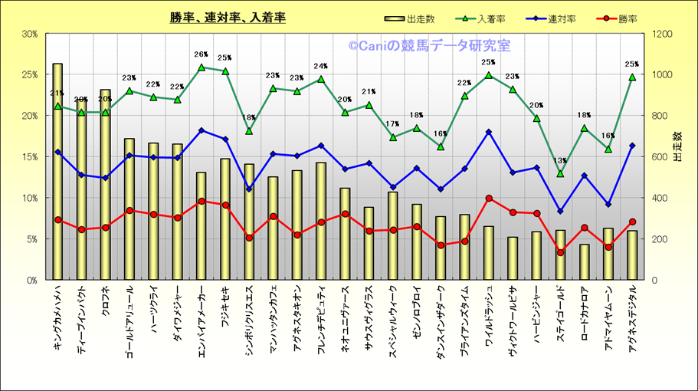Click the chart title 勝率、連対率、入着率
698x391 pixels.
click(228, 18)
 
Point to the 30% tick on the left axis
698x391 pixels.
click(30, 34)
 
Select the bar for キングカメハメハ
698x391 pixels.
click(57, 172)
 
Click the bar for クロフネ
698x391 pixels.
click(105, 185)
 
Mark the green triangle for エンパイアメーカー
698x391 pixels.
click(202, 67)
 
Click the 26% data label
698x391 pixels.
click(202, 55)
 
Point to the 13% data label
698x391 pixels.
click(560, 161)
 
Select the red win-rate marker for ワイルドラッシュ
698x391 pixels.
click(489, 199)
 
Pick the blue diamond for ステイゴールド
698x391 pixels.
click(560, 211)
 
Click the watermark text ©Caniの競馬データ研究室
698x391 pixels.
click(429, 46)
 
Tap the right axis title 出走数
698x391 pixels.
click(677, 146)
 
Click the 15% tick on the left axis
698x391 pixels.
click(30, 157)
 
